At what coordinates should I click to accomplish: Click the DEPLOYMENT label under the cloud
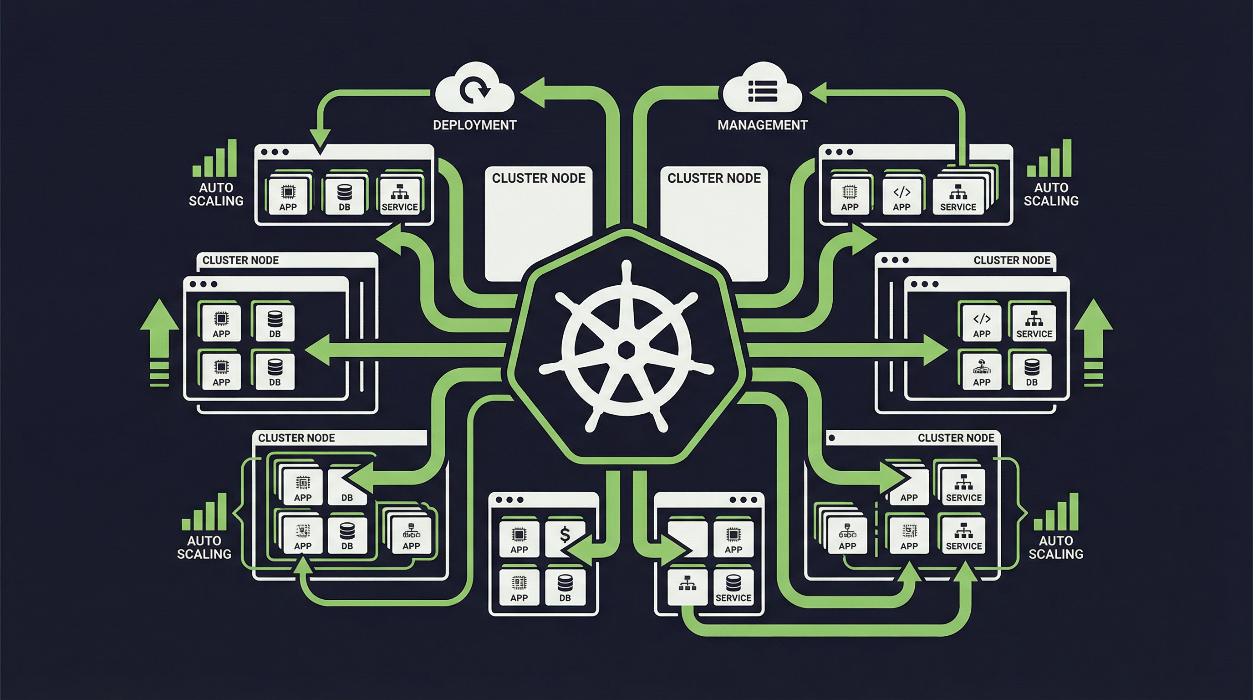click(x=474, y=125)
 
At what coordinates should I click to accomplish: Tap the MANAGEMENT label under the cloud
click(x=762, y=125)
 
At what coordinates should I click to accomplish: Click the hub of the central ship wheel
click(x=626, y=350)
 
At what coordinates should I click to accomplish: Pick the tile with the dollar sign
click(x=565, y=538)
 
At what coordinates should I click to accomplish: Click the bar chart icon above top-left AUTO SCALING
click(x=214, y=159)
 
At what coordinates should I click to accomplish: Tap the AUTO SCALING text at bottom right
click(x=1055, y=547)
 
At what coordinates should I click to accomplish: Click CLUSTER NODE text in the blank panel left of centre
click(x=539, y=178)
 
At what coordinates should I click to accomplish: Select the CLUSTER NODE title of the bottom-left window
click(x=296, y=437)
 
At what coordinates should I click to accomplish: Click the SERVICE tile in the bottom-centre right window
click(x=733, y=587)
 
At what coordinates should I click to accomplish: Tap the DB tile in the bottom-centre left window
click(x=565, y=587)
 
